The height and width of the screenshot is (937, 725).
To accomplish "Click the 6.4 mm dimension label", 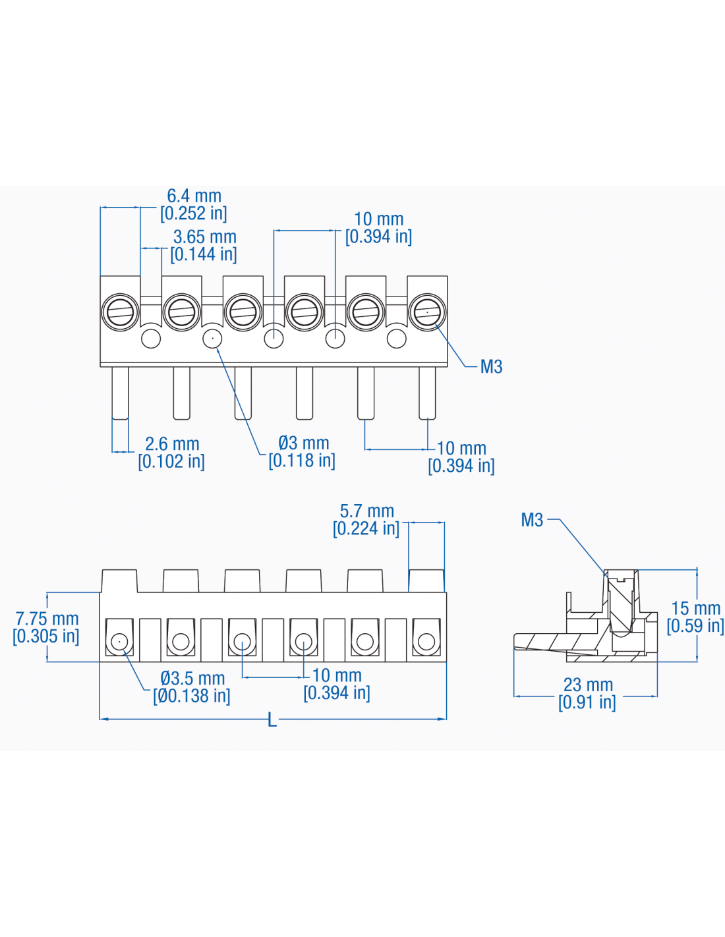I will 194,196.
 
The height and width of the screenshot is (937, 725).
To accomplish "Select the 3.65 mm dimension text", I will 204,237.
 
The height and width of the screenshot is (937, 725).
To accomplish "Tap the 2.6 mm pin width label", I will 172,444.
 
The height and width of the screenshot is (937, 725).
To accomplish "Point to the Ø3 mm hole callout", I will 303,443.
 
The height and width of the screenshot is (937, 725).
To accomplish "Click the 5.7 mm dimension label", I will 366,511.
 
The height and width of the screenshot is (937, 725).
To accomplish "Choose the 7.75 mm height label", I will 47,619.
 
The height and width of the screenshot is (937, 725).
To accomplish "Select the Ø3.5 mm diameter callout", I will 192,678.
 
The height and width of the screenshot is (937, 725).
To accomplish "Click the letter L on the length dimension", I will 272,720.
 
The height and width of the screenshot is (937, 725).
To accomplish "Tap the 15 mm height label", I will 695,608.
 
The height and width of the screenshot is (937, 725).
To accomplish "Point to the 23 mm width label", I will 588,685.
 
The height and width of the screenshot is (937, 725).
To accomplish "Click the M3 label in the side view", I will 532,520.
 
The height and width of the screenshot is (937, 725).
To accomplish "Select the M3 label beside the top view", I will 491,367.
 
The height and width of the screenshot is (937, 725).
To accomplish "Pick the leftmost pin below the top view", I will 120,393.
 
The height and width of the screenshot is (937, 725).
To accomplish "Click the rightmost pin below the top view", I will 427,393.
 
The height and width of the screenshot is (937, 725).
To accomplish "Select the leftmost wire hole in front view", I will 119,641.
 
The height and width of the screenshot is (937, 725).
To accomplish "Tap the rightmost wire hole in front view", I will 426,641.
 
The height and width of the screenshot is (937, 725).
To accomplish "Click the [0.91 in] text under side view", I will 587,702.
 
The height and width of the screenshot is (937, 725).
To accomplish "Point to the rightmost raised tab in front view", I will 426,581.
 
